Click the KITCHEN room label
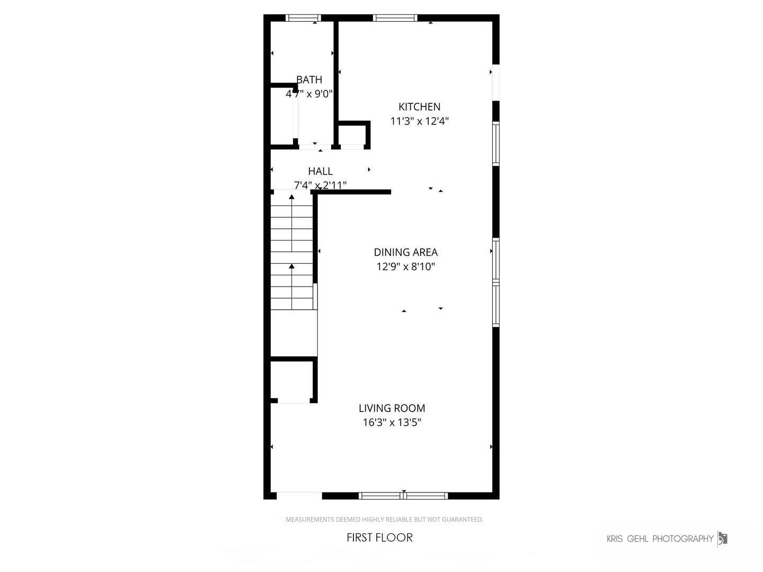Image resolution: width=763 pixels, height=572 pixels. click(419, 106)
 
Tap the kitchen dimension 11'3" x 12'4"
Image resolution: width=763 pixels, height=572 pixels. click(419, 121)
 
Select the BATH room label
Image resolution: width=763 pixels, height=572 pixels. click(309, 79)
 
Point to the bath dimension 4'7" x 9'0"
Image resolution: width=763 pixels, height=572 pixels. click(309, 94)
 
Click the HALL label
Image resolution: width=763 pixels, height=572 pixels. click(320, 171)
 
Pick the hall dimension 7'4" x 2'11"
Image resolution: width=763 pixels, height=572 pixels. click(320, 185)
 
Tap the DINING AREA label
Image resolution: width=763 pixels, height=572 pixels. click(405, 252)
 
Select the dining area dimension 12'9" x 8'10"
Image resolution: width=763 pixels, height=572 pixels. click(405, 266)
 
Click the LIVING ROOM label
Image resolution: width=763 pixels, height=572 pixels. click(392, 408)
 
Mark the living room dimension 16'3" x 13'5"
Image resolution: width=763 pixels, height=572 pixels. click(392, 422)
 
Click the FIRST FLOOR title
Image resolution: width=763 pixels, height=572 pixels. click(379, 538)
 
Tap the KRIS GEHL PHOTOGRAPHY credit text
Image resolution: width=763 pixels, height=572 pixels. click(660, 539)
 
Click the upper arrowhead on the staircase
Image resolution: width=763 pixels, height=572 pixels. click(291, 197)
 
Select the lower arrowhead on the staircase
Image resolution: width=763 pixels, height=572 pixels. click(291, 266)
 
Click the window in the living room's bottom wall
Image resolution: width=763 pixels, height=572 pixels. click(403, 496)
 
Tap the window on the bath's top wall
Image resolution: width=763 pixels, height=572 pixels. click(303, 18)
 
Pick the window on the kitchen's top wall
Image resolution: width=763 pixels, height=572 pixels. click(395, 18)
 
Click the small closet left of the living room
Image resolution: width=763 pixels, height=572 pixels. click(293, 381)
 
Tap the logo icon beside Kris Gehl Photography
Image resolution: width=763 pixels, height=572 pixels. click(722, 539)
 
